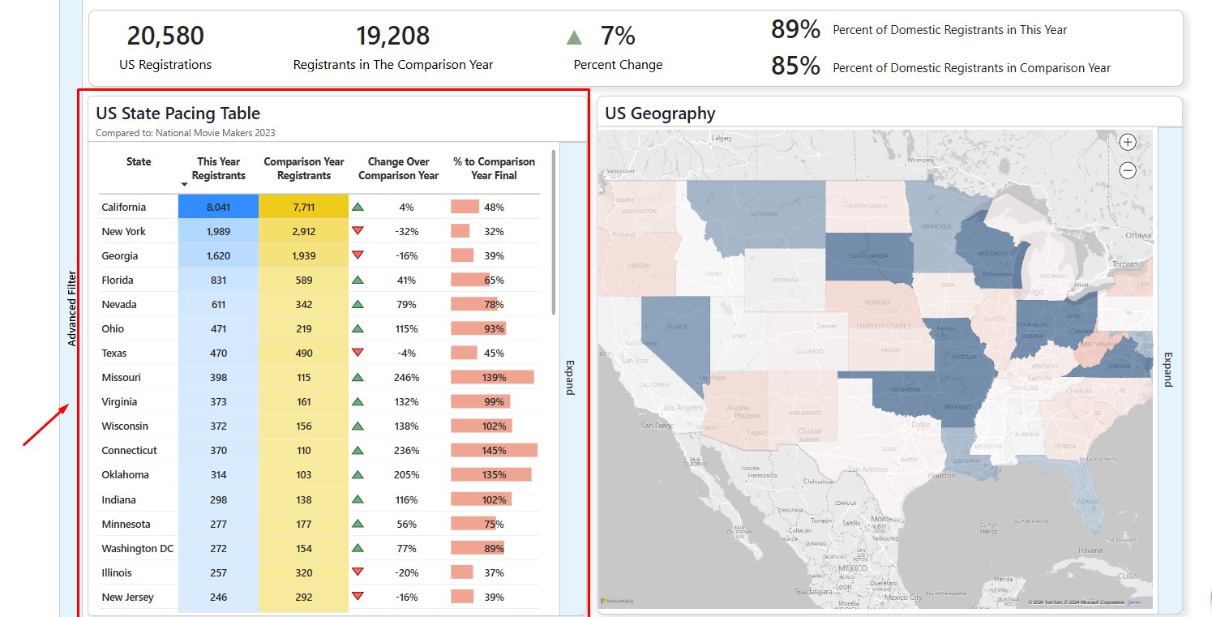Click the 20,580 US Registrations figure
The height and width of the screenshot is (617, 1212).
(165, 36)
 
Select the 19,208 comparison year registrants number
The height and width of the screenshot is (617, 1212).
(392, 36)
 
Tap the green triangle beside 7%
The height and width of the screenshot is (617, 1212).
(575, 37)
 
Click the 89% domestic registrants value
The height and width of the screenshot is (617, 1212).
(795, 30)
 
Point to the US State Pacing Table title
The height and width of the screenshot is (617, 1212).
(178, 114)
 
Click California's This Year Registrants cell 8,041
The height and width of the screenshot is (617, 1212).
(218, 208)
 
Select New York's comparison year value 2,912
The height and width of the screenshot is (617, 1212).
(303, 232)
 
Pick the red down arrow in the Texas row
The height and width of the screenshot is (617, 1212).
(358, 353)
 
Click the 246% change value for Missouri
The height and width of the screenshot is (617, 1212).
(406, 378)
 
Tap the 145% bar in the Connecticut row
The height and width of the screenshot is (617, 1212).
(494, 451)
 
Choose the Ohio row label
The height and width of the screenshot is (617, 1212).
(113, 329)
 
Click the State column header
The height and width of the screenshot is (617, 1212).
(139, 162)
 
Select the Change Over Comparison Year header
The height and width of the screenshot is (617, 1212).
(398, 169)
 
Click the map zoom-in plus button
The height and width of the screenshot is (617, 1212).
(1127, 143)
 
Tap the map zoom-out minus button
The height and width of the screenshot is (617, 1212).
(1127, 170)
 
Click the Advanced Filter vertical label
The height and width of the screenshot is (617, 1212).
(72, 308)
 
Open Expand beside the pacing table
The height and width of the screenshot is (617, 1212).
(570, 377)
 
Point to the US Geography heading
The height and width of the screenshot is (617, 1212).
(660, 114)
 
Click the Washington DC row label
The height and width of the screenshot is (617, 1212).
(137, 549)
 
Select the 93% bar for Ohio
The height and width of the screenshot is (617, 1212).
(479, 329)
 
